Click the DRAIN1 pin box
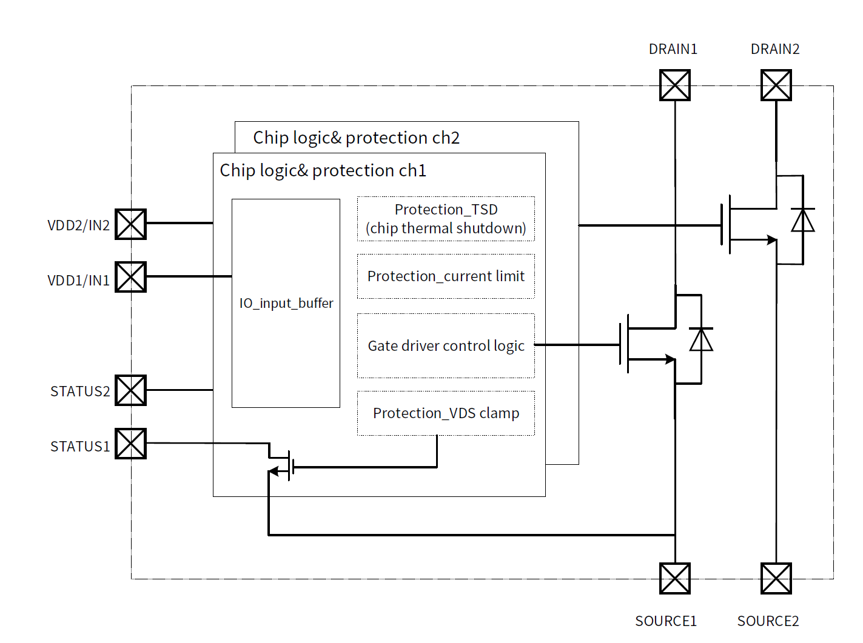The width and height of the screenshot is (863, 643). tap(675, 85)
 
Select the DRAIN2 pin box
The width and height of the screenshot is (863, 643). tap(776, 85)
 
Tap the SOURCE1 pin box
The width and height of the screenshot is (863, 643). tap(675, 578)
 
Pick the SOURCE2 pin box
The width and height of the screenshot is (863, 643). tap(776, 578)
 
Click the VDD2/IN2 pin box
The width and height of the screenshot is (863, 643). tap(131, 224)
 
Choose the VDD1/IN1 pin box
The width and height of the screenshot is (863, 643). tap(131, 277)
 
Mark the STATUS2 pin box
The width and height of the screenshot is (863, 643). tap(131, 390)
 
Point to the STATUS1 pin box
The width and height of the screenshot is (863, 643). tap(131, 444)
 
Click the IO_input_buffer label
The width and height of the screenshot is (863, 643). tap(286, 303)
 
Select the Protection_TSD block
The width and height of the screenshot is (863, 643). tap(446, 219)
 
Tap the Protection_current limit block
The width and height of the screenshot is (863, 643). tap(446, 276)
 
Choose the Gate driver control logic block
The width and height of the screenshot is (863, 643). tap(446, 345)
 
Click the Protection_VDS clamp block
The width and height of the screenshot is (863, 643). tap(446, 413)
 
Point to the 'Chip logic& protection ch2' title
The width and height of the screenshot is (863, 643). tap(357, 138)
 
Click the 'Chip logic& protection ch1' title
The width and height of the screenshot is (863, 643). tap(323, 171)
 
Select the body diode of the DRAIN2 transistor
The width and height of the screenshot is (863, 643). tap(803, 220)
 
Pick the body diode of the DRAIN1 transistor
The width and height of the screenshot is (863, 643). tap(701, 339)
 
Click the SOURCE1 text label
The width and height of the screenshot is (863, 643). tap(666, 621)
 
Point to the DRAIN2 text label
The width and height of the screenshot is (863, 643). tap(775, 49)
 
